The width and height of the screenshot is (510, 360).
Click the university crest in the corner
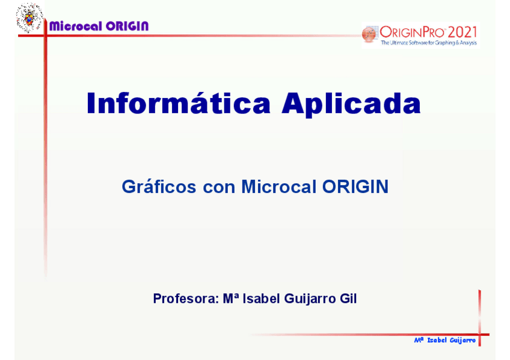pyautogui.click(x=29, y=17)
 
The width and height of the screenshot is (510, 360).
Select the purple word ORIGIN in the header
pyautogui.click(x=127, y=26)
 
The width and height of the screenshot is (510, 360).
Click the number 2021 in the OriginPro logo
pyautogui.click(x=462, y=32)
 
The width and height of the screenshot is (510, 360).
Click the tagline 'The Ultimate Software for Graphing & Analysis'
pyautogui.click(x=429, y=43)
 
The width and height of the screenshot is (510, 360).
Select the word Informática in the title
pyautogui.click(x=179, y=103)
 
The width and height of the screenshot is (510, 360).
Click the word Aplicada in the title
pyautogui.click(x=351, y=104)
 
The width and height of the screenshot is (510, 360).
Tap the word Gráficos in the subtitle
pyautogui.click(x=159, y=186)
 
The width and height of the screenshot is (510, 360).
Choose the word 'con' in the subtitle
pyautogui.click(x=219, y=188)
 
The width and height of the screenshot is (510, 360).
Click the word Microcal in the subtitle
pyautogui.click(x=278, y=186)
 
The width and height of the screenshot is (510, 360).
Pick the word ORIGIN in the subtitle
pyautogui.click(x=355, y=186)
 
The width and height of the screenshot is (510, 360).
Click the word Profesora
pyautogui.click(x=186, y=299)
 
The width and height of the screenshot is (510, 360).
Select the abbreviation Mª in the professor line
pyautogui.click(x=231, y=298)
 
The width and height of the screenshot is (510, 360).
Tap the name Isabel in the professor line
pyautogui.click(x=261, y=298)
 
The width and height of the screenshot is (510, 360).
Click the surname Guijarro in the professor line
pyautogui.click(x=310, y=299)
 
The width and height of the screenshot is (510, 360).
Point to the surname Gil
pyautogui.click(x=348, y=298)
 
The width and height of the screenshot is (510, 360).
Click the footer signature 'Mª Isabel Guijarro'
pyautogui.click(x=444, y=340)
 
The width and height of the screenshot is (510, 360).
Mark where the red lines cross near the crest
pyautogui.click(x=46, y=35)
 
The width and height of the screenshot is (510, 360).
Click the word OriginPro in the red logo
pyautogui.click(x=412, y=32)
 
